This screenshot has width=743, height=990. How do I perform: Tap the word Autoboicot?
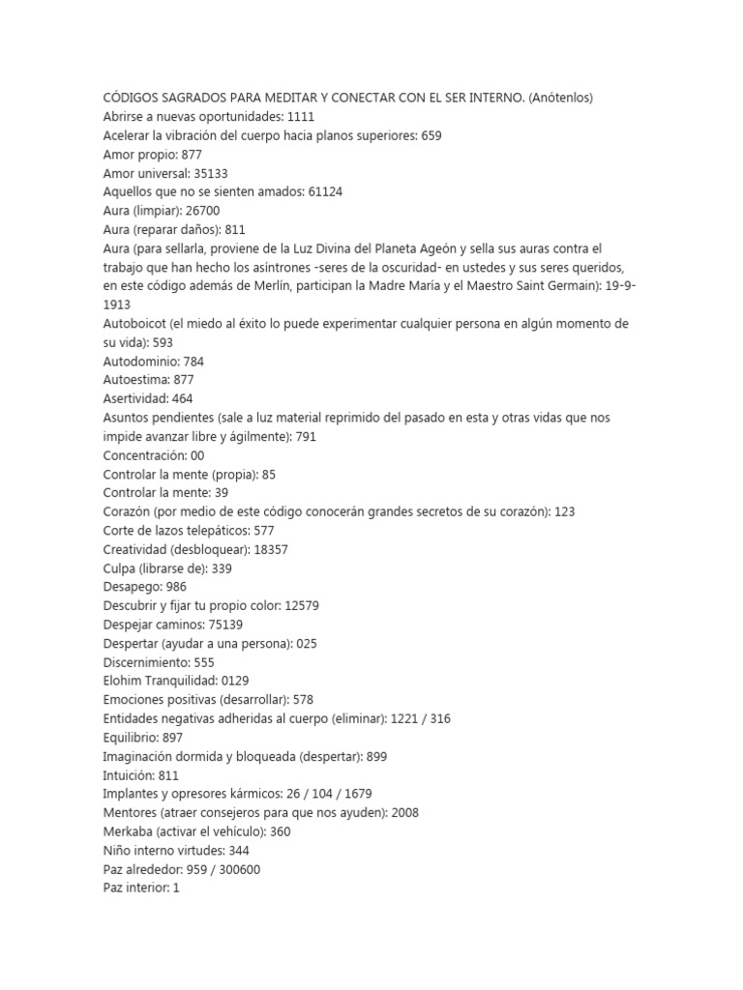coord(136,324)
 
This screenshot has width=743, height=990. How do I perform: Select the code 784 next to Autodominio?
coord(193,362)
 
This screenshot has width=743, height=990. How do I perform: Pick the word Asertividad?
coord(135,399)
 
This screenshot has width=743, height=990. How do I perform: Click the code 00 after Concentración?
coord(196,455)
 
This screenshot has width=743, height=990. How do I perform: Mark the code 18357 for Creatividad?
coord(271,549)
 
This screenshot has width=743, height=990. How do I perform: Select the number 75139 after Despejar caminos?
coord(227,625)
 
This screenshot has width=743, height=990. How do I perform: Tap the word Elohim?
coord(124,682)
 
